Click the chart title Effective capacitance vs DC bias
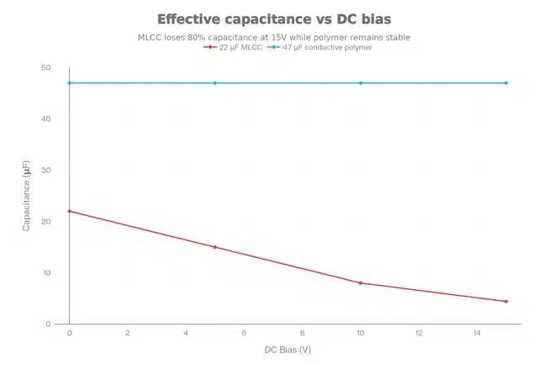274,19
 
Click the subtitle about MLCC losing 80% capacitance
274,37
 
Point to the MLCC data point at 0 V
69,211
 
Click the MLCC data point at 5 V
215,247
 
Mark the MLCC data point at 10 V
361,282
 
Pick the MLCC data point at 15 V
506,301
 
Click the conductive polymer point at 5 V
215,83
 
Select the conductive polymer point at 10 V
361,83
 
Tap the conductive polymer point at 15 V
506,83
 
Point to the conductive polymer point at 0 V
69,83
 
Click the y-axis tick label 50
46,67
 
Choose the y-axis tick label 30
46,170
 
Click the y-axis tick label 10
46,273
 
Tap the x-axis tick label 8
302,334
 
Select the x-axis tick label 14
476,334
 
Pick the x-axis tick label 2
127,334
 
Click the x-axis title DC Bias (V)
287,349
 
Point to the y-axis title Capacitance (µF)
26,196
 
